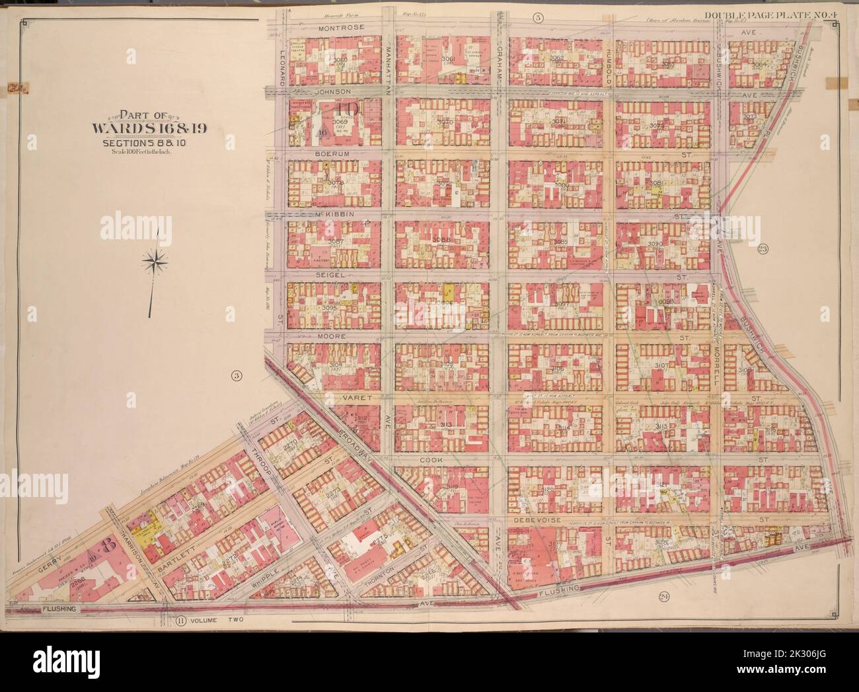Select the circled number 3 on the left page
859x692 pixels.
[x=235, y=377]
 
